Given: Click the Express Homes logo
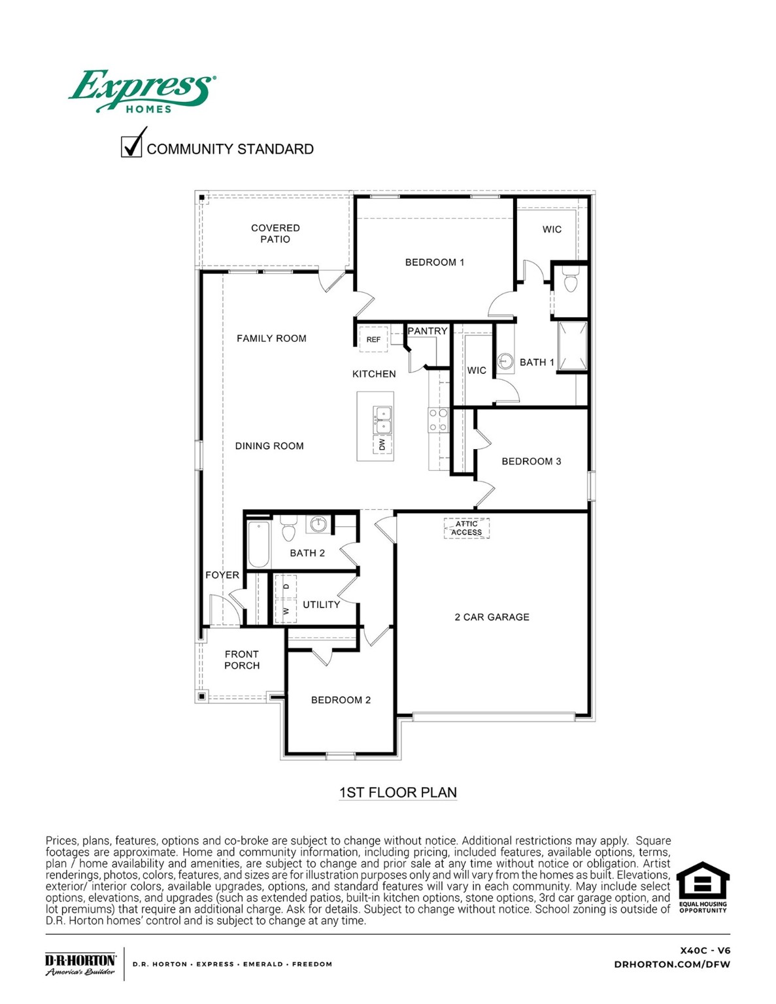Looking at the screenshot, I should (141, 92).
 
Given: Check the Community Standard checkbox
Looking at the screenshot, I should (131, 146).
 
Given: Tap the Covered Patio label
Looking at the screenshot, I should (275, 233).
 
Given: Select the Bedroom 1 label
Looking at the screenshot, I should (434, 262).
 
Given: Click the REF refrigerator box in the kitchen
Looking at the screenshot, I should (373, 339).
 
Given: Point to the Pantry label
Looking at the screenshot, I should (428, 331).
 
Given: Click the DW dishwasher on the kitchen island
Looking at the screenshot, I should (382, 444).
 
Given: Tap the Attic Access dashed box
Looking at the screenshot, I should (466, 528).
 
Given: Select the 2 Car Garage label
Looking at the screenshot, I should (492, 617).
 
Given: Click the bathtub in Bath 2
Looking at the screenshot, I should (259, 544).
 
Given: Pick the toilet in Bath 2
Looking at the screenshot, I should (288, 529).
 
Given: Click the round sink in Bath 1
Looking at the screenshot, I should (505, 360).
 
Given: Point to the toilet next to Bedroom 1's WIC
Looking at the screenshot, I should (571, 281).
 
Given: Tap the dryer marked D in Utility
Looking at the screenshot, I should (286, 586).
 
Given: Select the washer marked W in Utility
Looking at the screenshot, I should (286, 611).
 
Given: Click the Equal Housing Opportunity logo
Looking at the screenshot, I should (702, 887).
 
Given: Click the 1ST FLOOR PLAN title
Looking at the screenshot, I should (397, 792).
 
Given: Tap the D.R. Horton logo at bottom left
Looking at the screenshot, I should (80, 964).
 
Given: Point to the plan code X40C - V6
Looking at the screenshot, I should (705, 950).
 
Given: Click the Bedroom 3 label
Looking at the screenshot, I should (531, 461).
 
